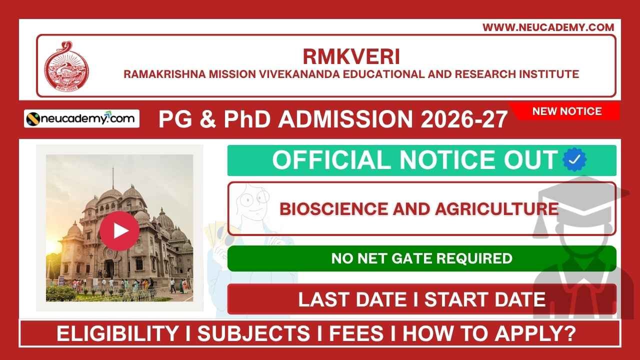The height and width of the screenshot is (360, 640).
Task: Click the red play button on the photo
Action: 119,230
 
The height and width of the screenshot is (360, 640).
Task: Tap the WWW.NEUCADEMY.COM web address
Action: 548,27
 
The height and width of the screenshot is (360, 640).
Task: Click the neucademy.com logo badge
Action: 81,118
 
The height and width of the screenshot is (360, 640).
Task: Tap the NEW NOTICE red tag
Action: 567,111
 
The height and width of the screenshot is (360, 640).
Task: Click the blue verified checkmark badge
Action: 574,160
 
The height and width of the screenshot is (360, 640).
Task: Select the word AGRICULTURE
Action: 496,208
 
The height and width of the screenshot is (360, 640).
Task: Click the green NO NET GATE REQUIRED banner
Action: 421,258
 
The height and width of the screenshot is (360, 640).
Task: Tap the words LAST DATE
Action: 352,299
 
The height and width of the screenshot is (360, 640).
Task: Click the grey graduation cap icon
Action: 580,205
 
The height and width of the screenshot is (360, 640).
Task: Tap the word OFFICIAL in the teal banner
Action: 332,160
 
